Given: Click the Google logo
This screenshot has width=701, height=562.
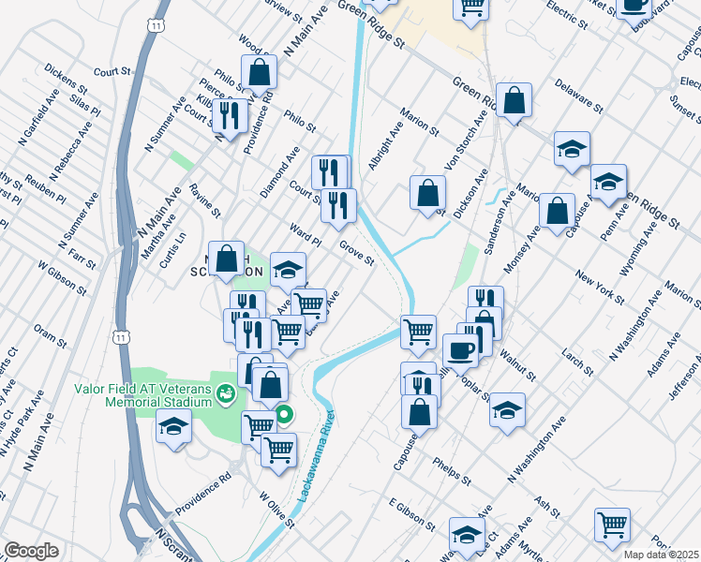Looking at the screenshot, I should pos(31,551).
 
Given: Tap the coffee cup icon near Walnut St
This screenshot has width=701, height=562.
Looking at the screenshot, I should pos(459,350).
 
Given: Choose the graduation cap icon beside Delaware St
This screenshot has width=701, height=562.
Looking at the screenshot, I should pos(571,148).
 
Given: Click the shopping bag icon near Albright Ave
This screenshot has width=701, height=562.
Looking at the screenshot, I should pos(427,193).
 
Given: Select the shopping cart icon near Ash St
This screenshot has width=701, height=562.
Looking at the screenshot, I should pos(612,525).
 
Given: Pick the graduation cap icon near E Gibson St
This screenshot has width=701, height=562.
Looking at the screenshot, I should pos(466,534).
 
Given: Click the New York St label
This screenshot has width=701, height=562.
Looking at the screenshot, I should pos(600,287).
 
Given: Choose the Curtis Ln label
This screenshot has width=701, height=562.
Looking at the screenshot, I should pos(172,249).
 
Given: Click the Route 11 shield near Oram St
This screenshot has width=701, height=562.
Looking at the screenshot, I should pos(120,337).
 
